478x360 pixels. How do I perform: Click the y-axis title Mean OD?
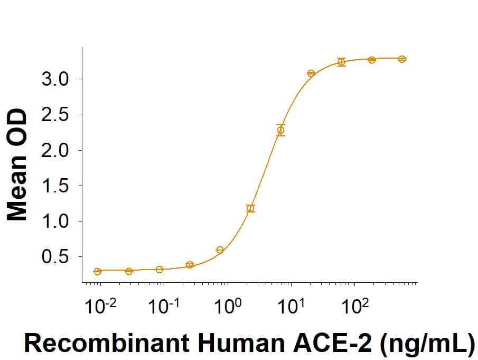click(17, 164)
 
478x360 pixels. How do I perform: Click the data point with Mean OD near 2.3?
click(281, 130)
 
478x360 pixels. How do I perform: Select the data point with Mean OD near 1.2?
click(250, 208)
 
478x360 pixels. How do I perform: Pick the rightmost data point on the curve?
click(402, 59)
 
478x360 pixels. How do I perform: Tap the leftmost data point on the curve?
click(98, 271)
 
